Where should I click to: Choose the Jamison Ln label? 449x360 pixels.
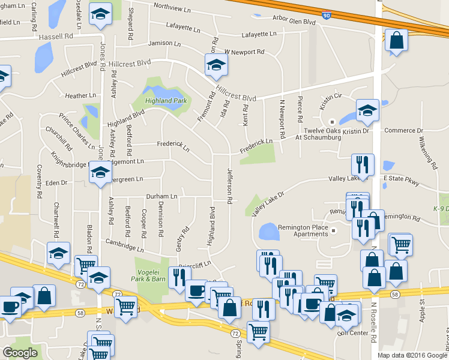pos(164,43)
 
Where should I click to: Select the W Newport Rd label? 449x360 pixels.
pos(244,52)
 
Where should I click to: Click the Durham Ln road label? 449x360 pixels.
pos(161,196)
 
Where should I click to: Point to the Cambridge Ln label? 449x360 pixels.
pos(124,245)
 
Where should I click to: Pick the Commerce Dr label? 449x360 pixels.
pos(404,130)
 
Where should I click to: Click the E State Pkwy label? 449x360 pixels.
pos(401,178)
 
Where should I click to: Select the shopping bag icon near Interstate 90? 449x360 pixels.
pos(396,41)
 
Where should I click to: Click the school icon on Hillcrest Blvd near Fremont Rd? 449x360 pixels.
pos(216,66)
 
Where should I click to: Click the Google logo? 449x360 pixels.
pos(20,353)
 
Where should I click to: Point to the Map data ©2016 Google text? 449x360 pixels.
pos(411,355)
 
